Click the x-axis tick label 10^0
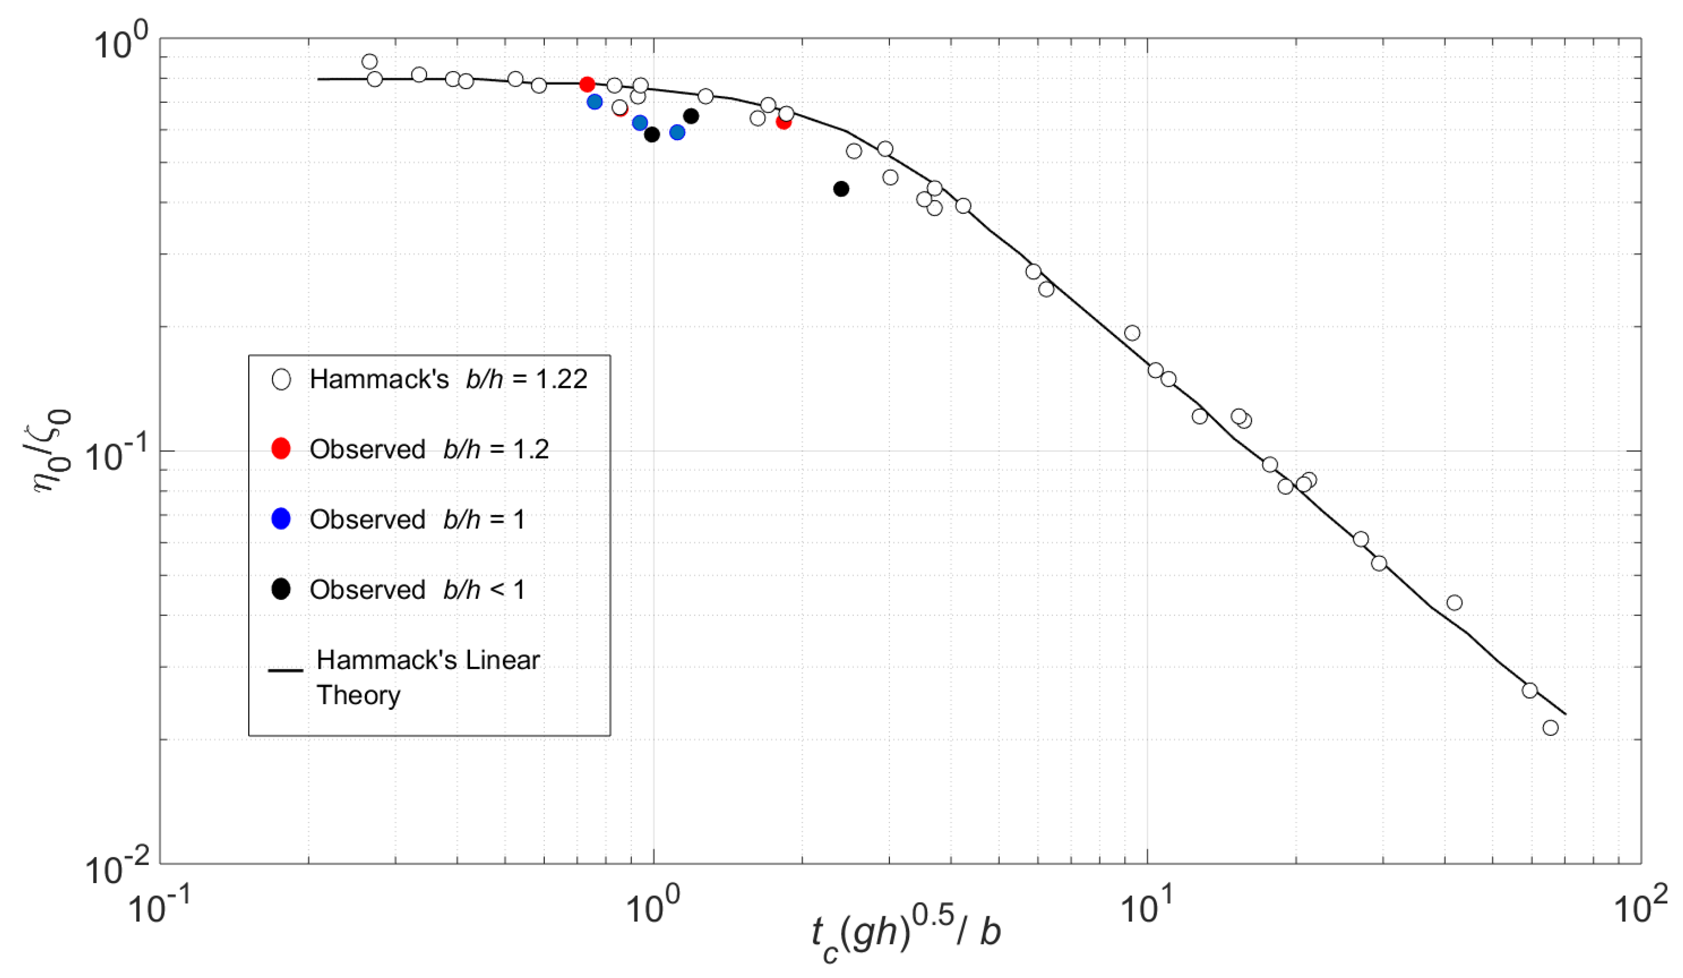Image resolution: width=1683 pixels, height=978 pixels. click(653, 906)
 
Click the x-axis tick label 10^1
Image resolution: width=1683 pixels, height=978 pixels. click(1148, 906)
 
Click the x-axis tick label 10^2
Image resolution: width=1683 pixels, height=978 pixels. click(1642, 906)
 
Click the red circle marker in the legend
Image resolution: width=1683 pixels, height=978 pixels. click(281, 448)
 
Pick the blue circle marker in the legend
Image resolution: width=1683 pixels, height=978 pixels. click(281, 519)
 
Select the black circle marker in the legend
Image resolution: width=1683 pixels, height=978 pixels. click(281, 589)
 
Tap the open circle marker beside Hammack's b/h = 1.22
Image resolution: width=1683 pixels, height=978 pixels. click(281, 380)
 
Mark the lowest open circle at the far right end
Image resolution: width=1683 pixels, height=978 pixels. click(1551, 728)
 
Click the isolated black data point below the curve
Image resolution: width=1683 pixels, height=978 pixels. click(842, 189)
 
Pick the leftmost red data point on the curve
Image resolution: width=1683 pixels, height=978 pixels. click(587, 84)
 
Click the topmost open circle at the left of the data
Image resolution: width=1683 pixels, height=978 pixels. click(370, 62)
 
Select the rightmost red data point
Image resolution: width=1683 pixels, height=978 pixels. click(783, 121)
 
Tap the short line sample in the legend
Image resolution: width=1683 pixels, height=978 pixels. click(285, 670)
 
